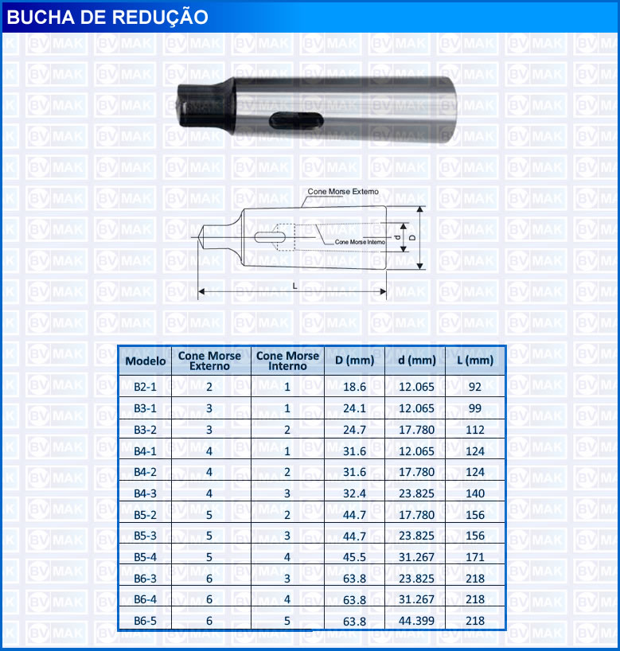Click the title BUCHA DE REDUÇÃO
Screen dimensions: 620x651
[107, 17]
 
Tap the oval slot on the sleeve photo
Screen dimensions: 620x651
[296, 120]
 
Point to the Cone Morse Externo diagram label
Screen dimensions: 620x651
[343, 191]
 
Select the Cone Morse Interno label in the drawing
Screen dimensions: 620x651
[360, 242]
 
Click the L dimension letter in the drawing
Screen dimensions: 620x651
[294, 286]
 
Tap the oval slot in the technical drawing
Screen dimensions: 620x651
[270, 237]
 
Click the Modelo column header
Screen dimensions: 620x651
[146, 361]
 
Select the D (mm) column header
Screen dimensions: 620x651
[355, 360]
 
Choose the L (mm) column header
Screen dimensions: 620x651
[475, 360]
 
